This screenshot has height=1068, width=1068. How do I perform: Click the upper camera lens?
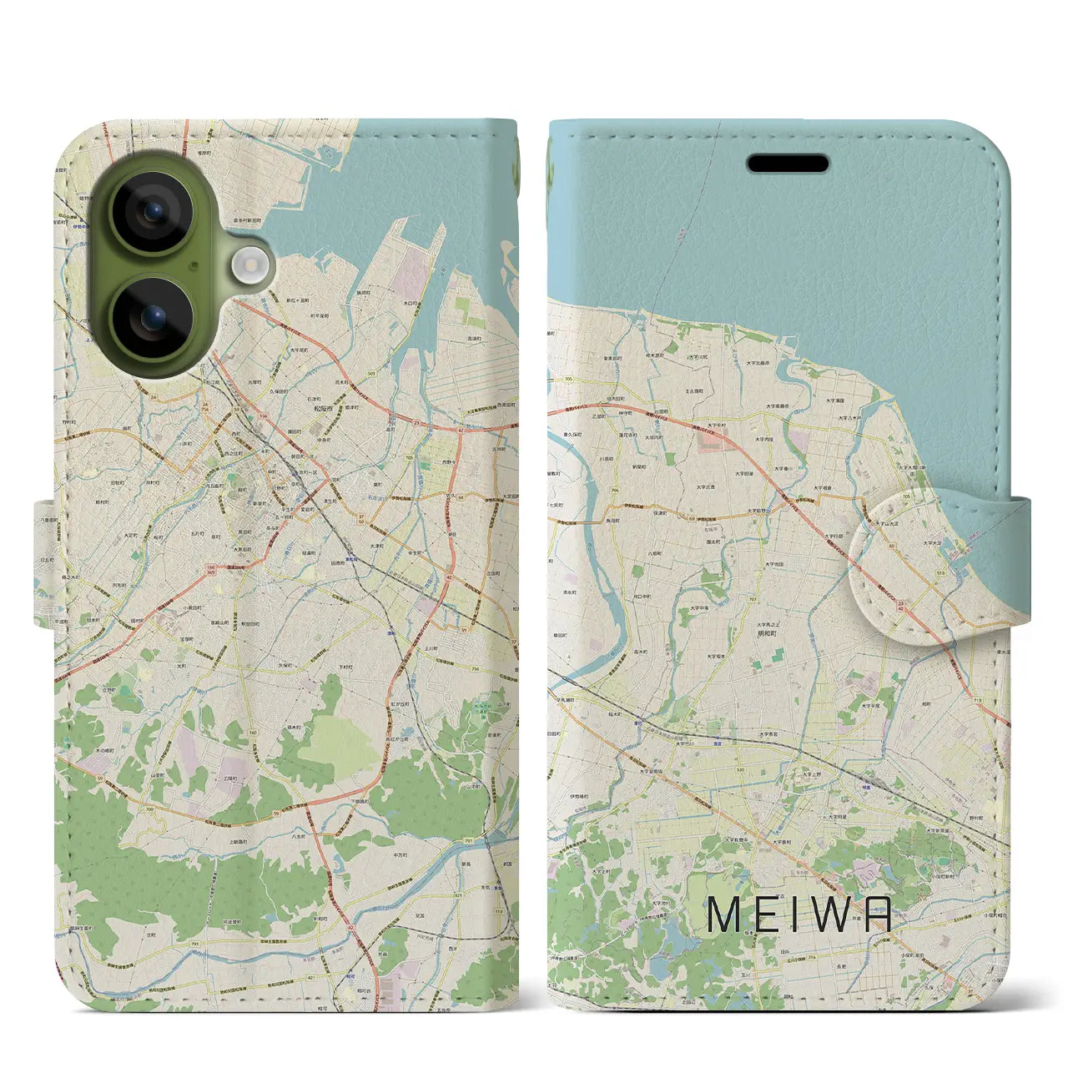153,212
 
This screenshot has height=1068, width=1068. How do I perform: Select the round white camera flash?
248,267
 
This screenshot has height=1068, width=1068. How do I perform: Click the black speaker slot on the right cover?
788,164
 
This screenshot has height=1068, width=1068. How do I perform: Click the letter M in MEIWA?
724,914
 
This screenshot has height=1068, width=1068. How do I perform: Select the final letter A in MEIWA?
877,914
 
